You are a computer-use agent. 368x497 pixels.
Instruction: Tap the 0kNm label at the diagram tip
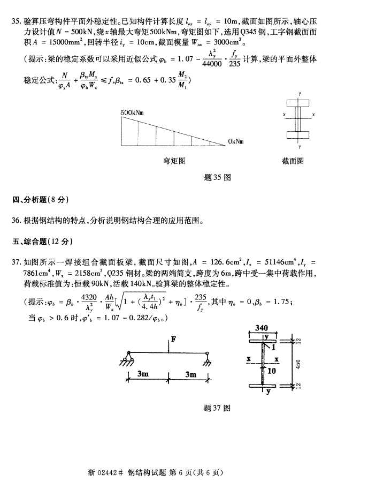tap(235, 141)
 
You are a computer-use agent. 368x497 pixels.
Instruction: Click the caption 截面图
tap(293, 160)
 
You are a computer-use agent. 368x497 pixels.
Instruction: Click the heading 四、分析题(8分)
tap(41, 200)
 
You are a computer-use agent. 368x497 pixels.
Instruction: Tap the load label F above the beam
tap(173, 338)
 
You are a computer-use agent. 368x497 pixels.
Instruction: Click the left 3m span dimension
tap(143, 374)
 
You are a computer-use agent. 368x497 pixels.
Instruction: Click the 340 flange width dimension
tap(262, 327)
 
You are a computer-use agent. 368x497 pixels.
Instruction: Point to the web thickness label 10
tap(272, 370)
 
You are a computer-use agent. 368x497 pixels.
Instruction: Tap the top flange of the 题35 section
tap(300, 102)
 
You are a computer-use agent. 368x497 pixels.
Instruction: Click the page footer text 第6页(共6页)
tap(194, 472)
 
